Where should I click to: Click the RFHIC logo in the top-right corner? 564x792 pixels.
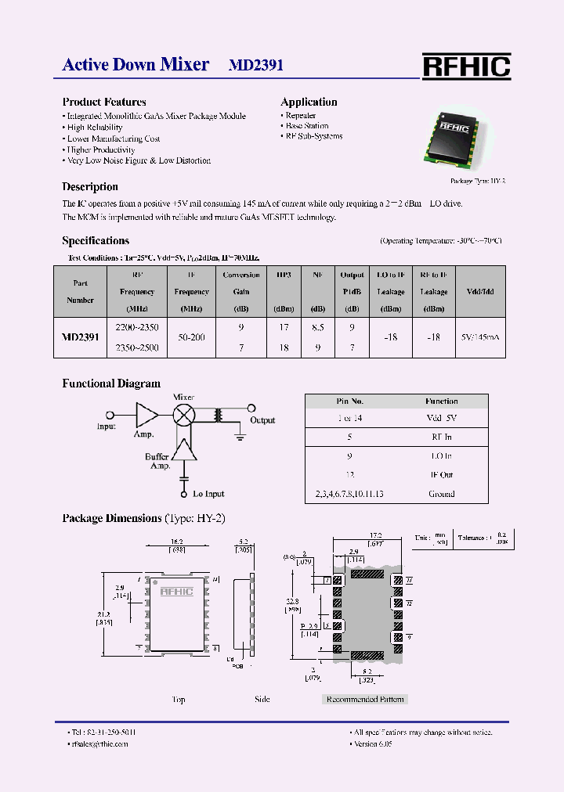(x=466, y=67)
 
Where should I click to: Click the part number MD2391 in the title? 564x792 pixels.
(x=255, y=65)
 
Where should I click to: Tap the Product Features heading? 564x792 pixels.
(x=104, y=102)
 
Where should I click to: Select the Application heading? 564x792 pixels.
(x=309, y=102)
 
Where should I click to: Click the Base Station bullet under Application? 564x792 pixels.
(x=306, y=126)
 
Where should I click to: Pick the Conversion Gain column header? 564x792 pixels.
(x=241, y=291)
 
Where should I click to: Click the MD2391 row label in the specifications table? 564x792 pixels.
(x=81, y=337)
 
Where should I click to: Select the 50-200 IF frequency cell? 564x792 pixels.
(x=192, y=337)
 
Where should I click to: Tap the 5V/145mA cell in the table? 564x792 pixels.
(x=480, y=337)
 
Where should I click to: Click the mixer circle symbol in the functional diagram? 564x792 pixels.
(x=183, y=415)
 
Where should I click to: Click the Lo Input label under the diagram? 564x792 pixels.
(x=208, y=494)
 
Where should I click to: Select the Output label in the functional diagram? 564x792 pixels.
(x=262, y=420)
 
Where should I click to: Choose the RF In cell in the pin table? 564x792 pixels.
(x=442, y=437)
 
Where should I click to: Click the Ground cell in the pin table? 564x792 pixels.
(x=442, y=494)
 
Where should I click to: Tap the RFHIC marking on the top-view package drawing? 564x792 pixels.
(x=176, y=592)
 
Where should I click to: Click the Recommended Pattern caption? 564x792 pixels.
(x=364, y=699)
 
